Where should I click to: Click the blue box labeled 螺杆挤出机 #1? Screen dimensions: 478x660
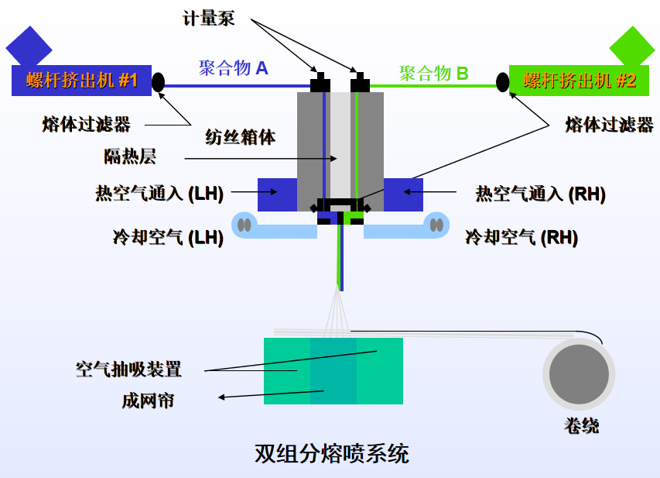pyautogui.click(x=81, y=81)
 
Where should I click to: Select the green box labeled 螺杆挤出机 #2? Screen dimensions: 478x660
pyautogui.click(x=579, y=81)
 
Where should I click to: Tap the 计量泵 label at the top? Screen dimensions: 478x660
pyautogui.click(x=208, y=18)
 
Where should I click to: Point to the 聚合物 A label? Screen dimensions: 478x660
pyautogui.click(x=233, y=68)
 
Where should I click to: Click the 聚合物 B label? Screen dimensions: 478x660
pyautogui.click(x=433, y=74)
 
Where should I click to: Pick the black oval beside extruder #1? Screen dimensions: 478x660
pyautogui.click(x=159, y=82)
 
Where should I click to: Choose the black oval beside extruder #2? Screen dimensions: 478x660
pyautogui.click(x=504, y=81)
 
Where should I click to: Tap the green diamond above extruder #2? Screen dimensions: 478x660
pyautogui.click(x=632, y=46)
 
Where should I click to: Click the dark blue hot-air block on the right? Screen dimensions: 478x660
pyautogui.click(x=403, y=194)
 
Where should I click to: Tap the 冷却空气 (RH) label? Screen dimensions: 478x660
pyautogui.click(x=521, y=237)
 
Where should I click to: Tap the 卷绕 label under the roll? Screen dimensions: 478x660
pyautogui.click(x=581, y=425)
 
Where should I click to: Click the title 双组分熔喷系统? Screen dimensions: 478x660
pyautogui.click(x=331, y=453)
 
